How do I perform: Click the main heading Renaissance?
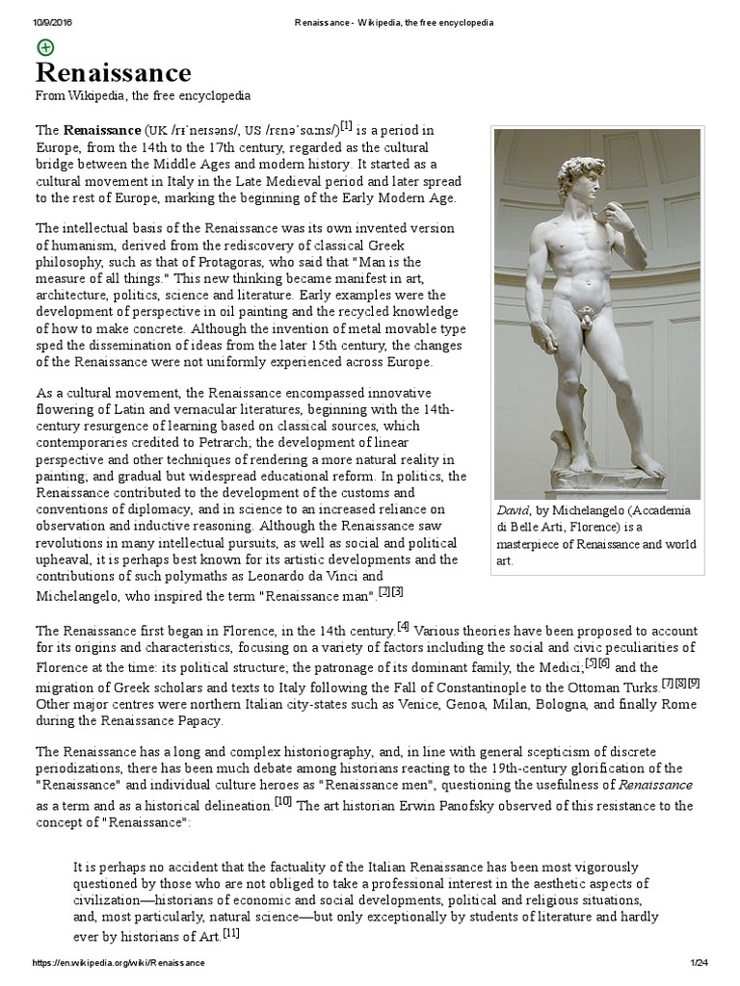click(x=113, y=72)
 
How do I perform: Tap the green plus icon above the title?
click(x=45, y=46)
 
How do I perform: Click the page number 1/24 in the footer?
click(x=700, y=963)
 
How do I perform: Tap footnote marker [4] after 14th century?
click(x=403, y=626)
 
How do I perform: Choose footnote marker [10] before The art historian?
click(x=282, y=774)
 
